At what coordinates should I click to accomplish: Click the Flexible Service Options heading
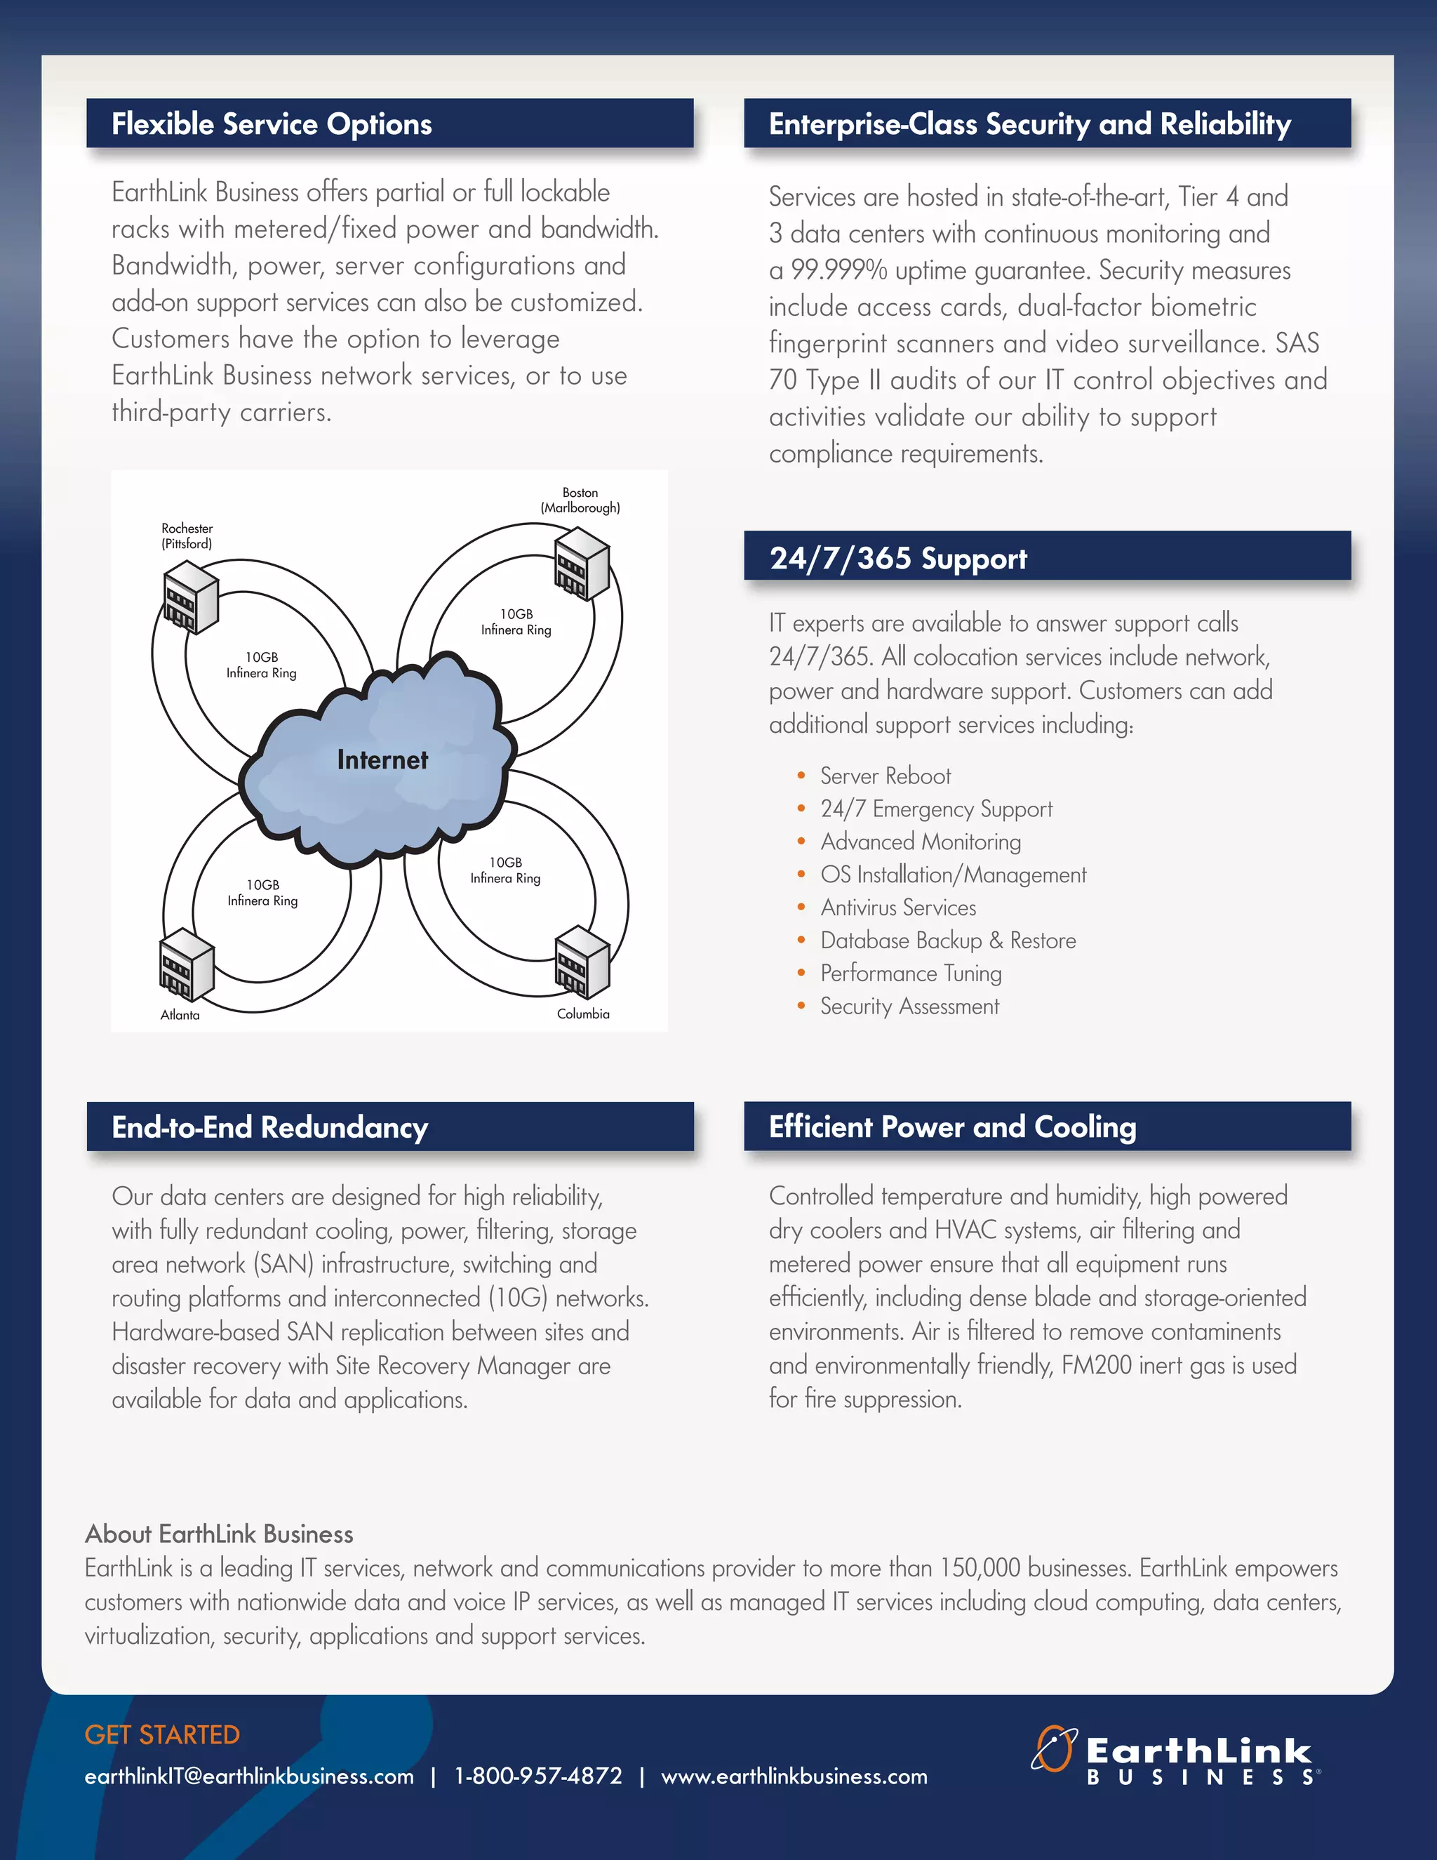(272, 124)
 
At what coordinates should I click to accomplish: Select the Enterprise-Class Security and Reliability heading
(1029, 124)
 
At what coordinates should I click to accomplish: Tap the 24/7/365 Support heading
(898, 558)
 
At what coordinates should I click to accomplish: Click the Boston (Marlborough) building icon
(582, 564)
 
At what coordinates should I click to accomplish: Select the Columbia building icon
(582, 962)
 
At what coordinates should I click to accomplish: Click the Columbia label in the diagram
(583, 1014)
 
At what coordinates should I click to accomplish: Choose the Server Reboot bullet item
(885, 776)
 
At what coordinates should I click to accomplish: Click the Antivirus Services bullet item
(898, 908)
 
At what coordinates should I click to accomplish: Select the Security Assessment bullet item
(909, 1007)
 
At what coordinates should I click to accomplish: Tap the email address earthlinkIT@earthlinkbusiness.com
(249, 1776)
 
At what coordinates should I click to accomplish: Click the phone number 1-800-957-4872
(538, 1776)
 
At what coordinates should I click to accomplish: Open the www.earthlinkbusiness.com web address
(794, 1776)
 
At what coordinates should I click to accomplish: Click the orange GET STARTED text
(162, 1735)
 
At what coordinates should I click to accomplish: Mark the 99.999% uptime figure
(838, 270)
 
